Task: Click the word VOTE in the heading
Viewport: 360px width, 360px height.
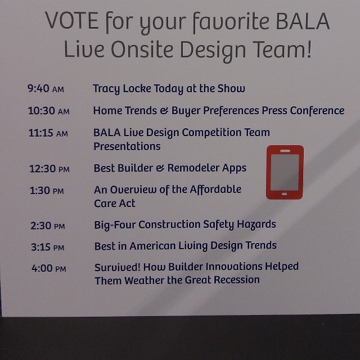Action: (72, 21)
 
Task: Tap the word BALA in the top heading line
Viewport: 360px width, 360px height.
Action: (303, 21)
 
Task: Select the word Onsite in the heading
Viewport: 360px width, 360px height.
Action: (142, 49)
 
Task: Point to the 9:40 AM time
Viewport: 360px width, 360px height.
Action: (46, 88)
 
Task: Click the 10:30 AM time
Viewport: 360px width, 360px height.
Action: (49, 111)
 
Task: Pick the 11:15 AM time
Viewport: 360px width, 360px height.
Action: (48, 133)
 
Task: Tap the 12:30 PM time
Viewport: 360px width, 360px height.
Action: (49, 169)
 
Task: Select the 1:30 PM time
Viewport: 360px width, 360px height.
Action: (47, 191)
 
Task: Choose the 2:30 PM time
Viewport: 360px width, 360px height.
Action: (48, 226)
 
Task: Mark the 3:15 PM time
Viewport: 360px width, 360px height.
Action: (47, 247)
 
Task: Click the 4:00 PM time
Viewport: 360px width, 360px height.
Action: (49, 268)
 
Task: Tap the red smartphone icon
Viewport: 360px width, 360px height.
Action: (285, 172)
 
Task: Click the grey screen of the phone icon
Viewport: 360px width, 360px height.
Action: (285, 172)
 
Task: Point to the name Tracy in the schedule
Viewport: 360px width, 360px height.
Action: (106, 89)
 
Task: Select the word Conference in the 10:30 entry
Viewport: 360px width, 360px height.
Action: (317, 110)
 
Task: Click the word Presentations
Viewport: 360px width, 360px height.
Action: (127, 146)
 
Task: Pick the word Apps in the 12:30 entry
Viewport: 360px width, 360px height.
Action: (234, 168)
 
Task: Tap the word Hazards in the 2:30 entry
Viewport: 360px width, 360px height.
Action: (256, 224)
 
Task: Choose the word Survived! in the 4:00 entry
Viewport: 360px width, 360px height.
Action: (118, 267)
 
